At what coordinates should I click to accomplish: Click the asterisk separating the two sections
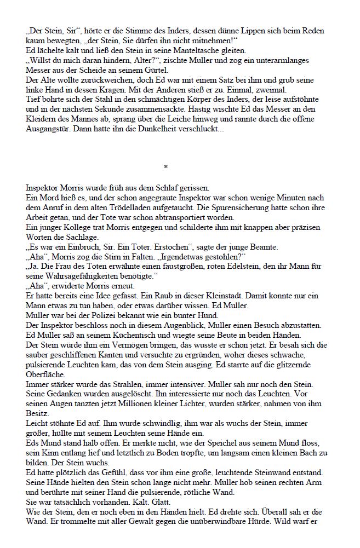click(165, 166)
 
